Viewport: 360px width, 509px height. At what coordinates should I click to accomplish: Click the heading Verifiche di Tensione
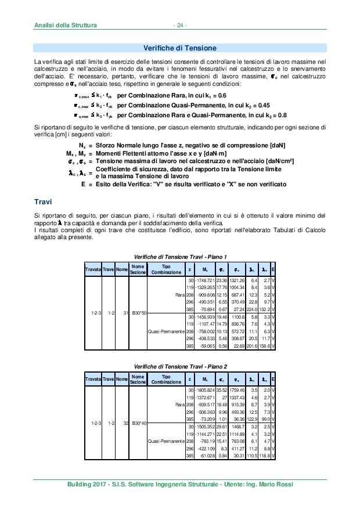(x=179, y=48)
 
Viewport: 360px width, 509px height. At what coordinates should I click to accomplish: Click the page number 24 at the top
(x=180, y=26)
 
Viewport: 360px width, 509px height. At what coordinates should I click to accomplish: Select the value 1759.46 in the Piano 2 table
(x=237, y=391)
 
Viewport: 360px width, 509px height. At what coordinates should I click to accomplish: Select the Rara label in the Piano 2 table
(x=179, y=405)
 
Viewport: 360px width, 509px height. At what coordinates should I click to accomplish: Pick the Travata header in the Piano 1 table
(x=93, y=269)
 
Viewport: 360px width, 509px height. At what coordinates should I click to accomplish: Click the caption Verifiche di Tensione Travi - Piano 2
(x=180, y=367)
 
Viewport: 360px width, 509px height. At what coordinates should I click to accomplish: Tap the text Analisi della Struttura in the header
(x=66, y=26)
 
